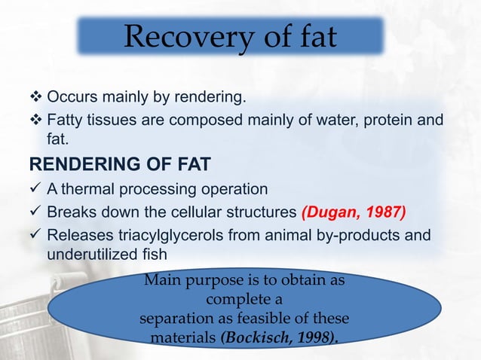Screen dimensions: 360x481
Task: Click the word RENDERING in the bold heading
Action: pos(77,164)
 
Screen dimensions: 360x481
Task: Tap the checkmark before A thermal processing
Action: pos(35,188)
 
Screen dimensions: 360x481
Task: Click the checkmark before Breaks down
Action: pos(35,212)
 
